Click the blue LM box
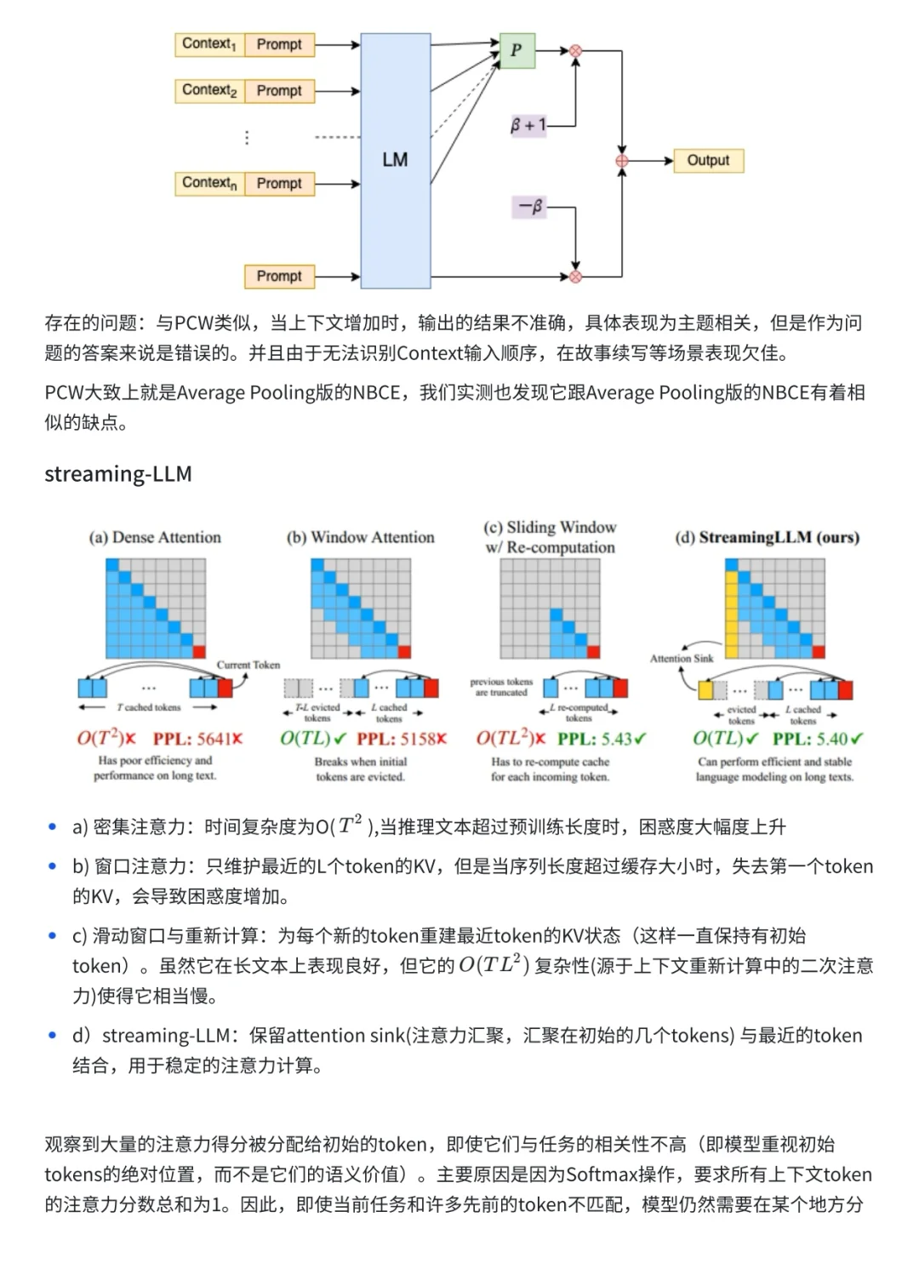[x=395, y=161]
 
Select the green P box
[x=517, y=50]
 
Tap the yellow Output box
[x=708, y=160]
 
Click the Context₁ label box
[x=209, y=44]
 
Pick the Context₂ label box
[x=209, y=90]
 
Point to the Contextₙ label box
[x=209, y=183]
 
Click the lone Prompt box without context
[x=279, y=276]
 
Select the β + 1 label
[x=528, y=125]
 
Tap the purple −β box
[x=530, y=207]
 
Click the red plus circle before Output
[x=622, y=161]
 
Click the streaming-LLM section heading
[x=118, y=474]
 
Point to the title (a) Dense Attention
[x=155, y=537]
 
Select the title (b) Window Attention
[x=361, y=537]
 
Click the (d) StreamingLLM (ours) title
[x=767, y=537]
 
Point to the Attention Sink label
[x=682, y=658]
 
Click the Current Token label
[x=248, y=665]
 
